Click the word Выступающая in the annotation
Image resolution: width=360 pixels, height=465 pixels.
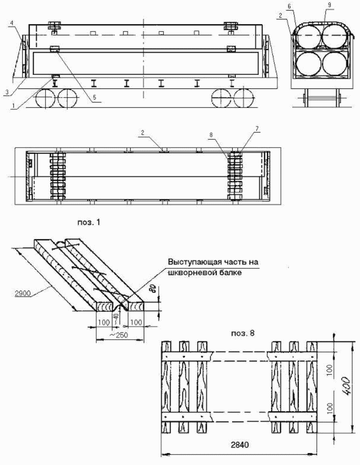point(193,262)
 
